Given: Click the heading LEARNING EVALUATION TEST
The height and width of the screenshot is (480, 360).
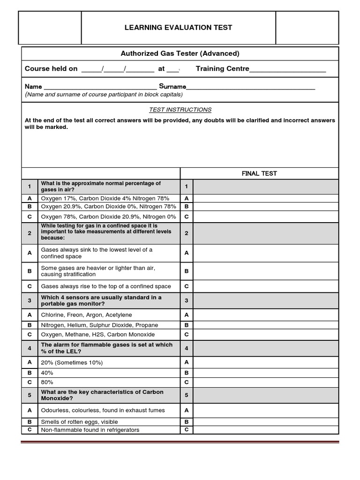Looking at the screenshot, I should pyautogui.click(x=178, y=28).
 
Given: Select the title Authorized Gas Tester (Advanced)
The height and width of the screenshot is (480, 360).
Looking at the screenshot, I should pyautogui.click(x=180, y=53).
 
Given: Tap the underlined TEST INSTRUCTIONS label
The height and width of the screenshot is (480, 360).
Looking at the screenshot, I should pyautogui.click(x=180, y=110).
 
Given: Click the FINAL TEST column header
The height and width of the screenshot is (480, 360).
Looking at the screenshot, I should pyautogui.click(x=259, y=173).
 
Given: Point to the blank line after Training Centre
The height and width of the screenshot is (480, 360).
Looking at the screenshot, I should pyautogui.click(x=288, y=69).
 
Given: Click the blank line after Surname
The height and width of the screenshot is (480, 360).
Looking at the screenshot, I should pyautogui.click(x=251, y=87).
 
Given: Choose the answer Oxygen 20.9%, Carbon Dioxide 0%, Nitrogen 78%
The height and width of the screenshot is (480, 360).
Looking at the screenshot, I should pyautogui.click(x=108, y=206).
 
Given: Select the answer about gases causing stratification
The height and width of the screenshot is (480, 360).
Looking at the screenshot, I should pyautogui.click(x=97, y=271).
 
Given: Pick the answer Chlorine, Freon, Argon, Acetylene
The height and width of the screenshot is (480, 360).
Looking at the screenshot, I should pyautogui.click(x=86, y=315).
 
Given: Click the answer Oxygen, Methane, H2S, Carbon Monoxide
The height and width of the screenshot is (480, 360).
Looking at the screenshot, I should pyautogui.click(x=97, y=335).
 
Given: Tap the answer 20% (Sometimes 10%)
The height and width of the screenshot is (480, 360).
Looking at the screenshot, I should pyautogui.click(x=72, y=362).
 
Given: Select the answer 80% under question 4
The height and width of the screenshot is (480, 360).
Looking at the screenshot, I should pyautogui.click(x=47, y=382).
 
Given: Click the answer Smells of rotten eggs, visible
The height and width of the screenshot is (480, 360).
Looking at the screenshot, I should pyautogui.click(x=79, y=422).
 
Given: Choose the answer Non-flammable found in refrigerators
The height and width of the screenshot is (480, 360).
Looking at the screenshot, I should pyautogui.click(x=90, y=430).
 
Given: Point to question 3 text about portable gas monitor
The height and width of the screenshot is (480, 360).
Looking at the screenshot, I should pyautogui.click(x=101, y=300).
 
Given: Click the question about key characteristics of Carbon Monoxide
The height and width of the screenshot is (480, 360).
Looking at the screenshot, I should pyautogui.click(x=102, y=395).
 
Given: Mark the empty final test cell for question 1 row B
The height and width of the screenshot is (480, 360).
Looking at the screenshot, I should pyautogui.click(x=266, y=206).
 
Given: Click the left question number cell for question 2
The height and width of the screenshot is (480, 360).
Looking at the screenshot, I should pyautogui.click(x=29, y=233).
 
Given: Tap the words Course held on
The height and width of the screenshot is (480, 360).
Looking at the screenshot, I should pyautogui.click(x=51, y=69).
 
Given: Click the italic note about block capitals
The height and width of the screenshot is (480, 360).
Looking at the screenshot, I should pyautogui.click(x=104, y=95).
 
